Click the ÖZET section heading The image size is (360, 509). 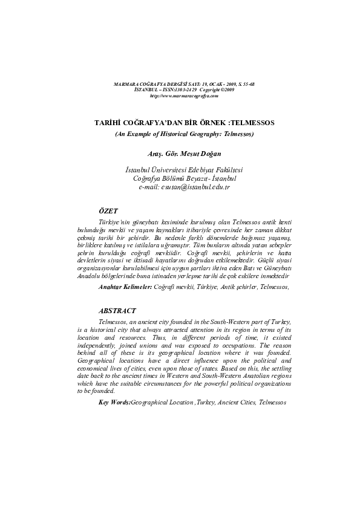click(x=108, y=210)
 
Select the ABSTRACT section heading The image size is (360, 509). click(x=117, y=310)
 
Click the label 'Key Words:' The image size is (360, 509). click(x=114, y=402)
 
